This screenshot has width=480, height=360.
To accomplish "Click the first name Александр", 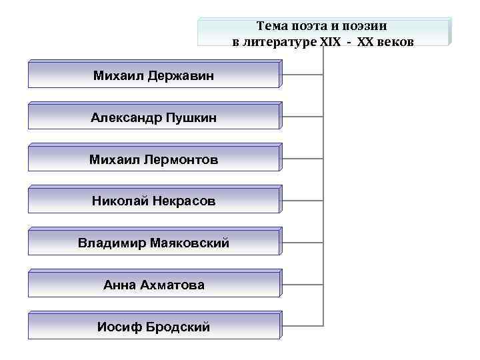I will tap(123, 118).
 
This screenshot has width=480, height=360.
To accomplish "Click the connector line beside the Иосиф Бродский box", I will tap(303, 326).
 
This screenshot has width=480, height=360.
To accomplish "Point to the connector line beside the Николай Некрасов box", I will tap(303, 200).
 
